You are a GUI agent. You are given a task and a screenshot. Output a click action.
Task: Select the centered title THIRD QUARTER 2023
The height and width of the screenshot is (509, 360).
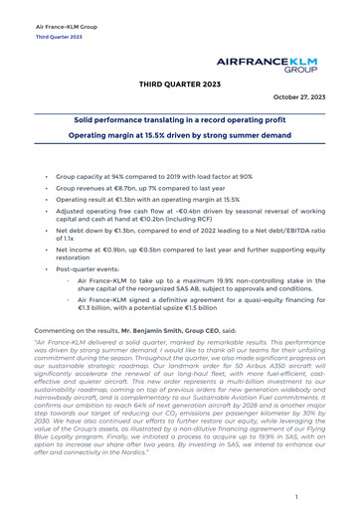(180, 86)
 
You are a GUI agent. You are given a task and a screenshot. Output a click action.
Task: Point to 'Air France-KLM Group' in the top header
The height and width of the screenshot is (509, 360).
(65, 27)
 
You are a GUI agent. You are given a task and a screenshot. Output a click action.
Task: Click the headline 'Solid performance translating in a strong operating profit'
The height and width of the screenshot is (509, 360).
(180, 118)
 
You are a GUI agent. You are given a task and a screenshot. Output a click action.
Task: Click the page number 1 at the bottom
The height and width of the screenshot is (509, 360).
(296, 495)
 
